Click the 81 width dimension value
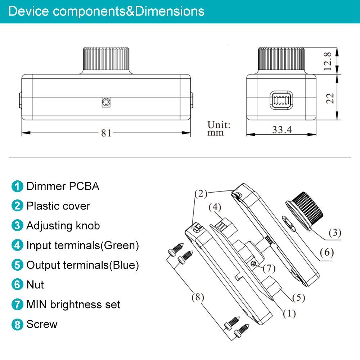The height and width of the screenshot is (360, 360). point(106,133)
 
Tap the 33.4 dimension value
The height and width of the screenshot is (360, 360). point(282,130)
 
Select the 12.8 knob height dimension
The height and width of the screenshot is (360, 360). point(327,61)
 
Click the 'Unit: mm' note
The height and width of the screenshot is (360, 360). point(219,129)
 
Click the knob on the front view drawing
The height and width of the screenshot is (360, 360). point(106,60)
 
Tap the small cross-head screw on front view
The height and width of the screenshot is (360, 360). point(106,103)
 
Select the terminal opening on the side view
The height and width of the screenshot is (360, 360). point(282,100)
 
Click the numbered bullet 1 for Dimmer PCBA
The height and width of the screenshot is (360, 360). point(17,186)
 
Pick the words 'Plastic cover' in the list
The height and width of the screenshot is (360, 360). point(58,206)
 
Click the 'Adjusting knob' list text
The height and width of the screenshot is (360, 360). point(63,226)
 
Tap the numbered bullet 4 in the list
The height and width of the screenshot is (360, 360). point(17,246)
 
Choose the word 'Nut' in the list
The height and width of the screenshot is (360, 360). point(35,285)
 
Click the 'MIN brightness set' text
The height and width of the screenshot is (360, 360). point(73,305)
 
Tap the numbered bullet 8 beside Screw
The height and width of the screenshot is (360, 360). point(17,324)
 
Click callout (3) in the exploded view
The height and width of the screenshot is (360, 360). point(334,233)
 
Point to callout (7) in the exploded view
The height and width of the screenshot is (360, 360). point(269,268)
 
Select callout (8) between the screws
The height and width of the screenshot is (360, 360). point(197,297)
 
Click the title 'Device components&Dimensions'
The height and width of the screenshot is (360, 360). point(106,11)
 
